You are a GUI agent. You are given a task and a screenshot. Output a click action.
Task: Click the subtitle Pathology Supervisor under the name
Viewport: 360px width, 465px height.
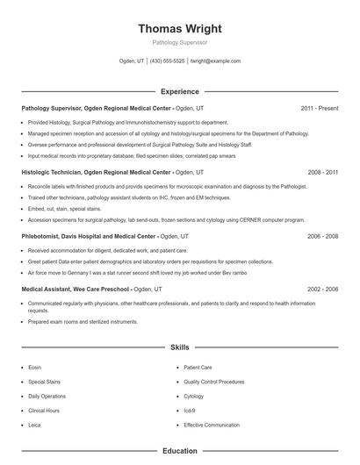(x=180, y=42)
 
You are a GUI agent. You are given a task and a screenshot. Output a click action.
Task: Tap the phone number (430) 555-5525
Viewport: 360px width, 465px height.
(x=167, y=61)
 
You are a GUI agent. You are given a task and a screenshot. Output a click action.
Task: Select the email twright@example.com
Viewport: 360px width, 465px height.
(x=215, y=61)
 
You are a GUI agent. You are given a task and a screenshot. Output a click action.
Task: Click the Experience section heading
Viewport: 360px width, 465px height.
(x=180, y=91)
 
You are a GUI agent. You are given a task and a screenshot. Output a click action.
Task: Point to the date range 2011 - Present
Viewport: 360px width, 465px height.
(x=319, y=109)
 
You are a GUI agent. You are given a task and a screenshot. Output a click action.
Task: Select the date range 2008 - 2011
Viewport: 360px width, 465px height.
(x=322, y=173)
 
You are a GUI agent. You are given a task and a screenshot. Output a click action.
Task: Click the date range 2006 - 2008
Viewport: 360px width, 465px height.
(x=322, y=237)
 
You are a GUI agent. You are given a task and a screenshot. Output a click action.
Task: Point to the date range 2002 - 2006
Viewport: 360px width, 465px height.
(x=322, y=289)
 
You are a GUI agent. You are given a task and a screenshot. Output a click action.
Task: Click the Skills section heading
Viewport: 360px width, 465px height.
(x=180, y=347)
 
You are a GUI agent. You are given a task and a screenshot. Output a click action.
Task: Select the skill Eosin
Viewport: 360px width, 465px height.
(x=35, y=367)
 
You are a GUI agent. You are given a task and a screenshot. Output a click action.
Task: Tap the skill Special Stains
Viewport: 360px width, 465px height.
(x=44, y=382)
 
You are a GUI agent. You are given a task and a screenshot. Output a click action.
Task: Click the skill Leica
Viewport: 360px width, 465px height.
(x=34, y=425)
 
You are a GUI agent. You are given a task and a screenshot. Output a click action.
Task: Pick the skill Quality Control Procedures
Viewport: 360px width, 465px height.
(x=214, y=382)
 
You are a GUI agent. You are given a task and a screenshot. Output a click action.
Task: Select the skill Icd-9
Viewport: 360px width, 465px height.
(x=190, y=411)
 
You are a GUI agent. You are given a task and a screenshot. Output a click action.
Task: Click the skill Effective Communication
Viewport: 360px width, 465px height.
(x=212, y=425)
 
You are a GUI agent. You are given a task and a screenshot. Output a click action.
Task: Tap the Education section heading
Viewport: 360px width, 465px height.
(x=180, y=451)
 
